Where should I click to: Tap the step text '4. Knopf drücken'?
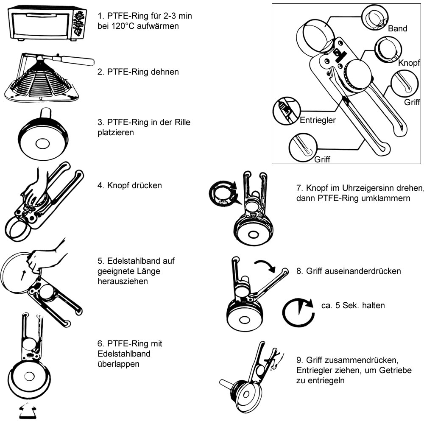[x=129, y=185]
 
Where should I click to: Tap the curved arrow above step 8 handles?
[x=266, y=265]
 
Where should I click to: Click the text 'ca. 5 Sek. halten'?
[x=353, y=305]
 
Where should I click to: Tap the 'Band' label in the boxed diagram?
[x=397, y=29]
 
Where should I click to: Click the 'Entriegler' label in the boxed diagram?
[x=318, y=120]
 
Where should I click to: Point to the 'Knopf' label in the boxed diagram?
[x=409, y=63]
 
